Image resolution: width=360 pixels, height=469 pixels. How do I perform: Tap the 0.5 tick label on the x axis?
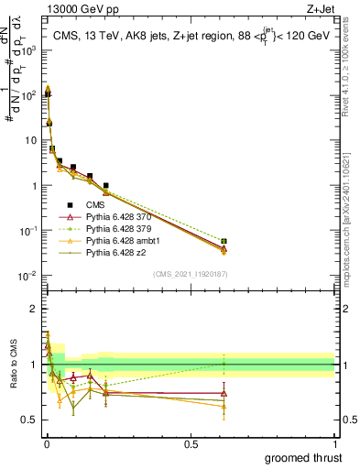click(191, 443)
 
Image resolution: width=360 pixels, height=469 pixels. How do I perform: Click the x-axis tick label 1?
click(334, 443)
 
